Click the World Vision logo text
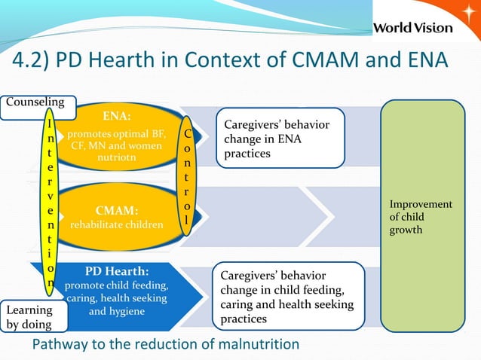coord(413,28)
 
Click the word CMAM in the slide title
coord(305,61)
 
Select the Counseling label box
coord(31,101)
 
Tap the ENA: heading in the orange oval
coord(116,117)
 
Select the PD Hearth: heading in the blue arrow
coord(116,270)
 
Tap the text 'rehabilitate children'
coord(116,224)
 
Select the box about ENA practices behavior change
coord(280,139)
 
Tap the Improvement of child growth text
coord(421,217)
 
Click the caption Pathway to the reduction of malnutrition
coord(165,344)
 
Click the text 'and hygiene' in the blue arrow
coord(116,310)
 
